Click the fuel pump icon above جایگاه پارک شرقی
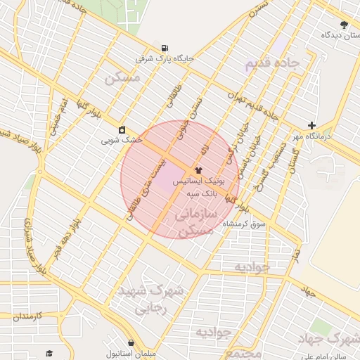165,48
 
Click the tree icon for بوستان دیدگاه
344,25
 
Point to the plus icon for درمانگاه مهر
312,125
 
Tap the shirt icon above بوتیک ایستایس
198,169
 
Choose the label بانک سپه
201,192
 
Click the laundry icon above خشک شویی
122,129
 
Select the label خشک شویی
122,140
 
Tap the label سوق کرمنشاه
245,224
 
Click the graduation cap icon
49,353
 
